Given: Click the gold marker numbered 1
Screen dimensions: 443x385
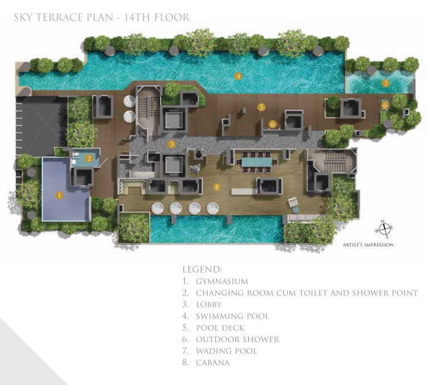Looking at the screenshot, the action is click(60, 195).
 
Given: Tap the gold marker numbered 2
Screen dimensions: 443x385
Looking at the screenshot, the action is click(89, 158).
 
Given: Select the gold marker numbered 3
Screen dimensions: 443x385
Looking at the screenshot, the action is click(172, 144).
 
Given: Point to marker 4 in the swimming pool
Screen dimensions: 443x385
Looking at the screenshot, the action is click(238, 76).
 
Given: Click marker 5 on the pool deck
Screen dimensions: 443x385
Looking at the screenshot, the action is click(262, 107).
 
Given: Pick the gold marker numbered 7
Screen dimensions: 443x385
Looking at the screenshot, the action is click(386, 83).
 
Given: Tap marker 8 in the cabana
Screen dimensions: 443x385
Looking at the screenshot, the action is click(217, 187).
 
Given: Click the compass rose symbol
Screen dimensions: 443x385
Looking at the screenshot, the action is click(384, 229).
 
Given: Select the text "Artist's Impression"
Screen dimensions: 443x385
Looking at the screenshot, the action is click(368, 245).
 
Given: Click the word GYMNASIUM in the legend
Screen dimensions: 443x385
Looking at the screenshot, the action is click(222, 282).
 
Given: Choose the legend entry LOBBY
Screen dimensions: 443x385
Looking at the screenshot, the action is click(209, 305).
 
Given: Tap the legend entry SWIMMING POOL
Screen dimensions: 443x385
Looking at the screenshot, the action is click(233, 317).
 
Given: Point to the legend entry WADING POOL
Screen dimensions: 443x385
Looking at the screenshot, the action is click(227, 351).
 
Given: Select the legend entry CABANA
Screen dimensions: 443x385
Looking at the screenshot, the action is click(213, 363).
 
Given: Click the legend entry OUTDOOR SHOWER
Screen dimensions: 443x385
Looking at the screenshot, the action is click(238, 339).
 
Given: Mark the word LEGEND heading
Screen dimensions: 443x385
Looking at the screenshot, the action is click(202, 269).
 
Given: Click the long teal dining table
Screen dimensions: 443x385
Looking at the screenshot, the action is click(257, 162).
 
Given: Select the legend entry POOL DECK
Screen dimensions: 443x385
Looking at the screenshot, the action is click(220, 328).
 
